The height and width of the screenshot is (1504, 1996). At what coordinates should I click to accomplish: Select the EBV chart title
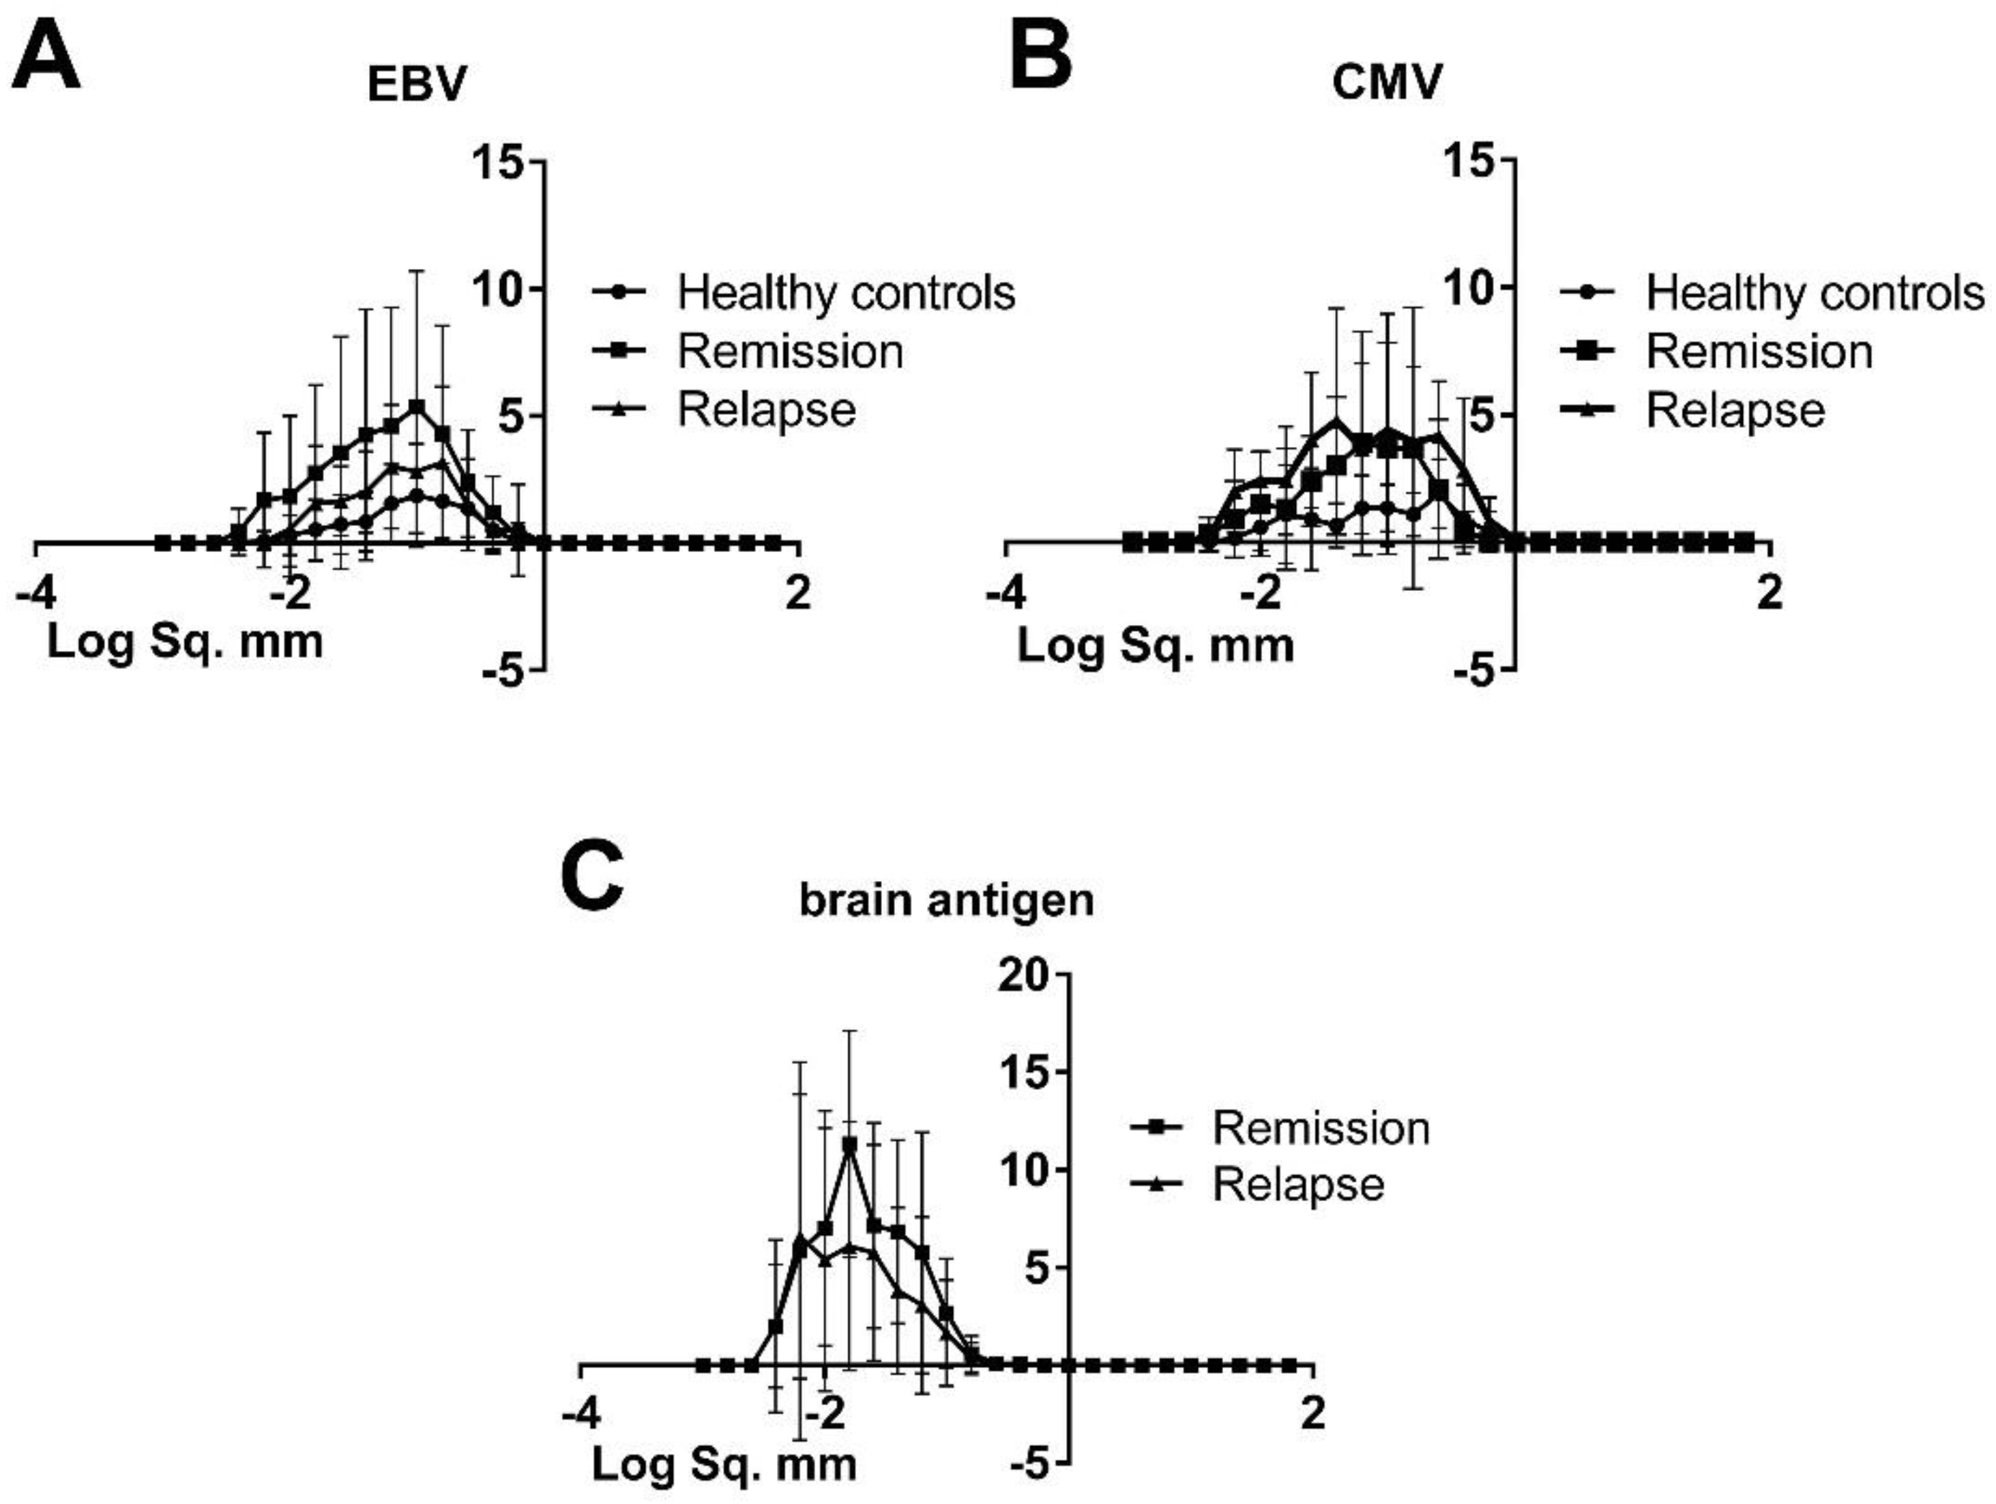[417, 85]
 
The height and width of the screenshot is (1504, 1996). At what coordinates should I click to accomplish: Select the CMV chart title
[1386, 85]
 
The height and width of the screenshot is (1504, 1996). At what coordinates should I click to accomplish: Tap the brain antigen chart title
[947, 900]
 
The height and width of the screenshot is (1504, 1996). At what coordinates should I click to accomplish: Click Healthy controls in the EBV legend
[845, 293]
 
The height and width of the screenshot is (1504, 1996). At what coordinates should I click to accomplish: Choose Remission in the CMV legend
[1759, 351]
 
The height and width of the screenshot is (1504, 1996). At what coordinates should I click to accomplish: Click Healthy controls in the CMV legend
[1814, 293]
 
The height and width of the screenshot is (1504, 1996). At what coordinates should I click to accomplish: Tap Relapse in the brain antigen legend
[1297, 1185]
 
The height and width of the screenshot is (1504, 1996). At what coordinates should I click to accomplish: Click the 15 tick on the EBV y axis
[497, 162]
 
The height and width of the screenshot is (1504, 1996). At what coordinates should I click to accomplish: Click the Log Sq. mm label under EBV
[185, 643]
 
